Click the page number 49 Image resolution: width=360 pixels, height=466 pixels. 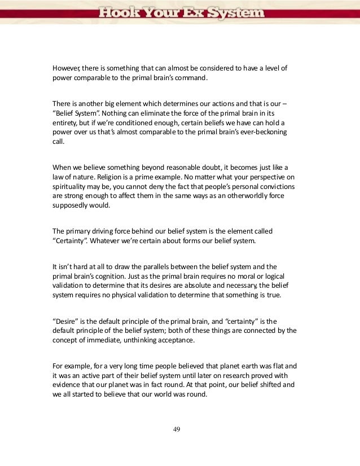pos(177,429)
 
